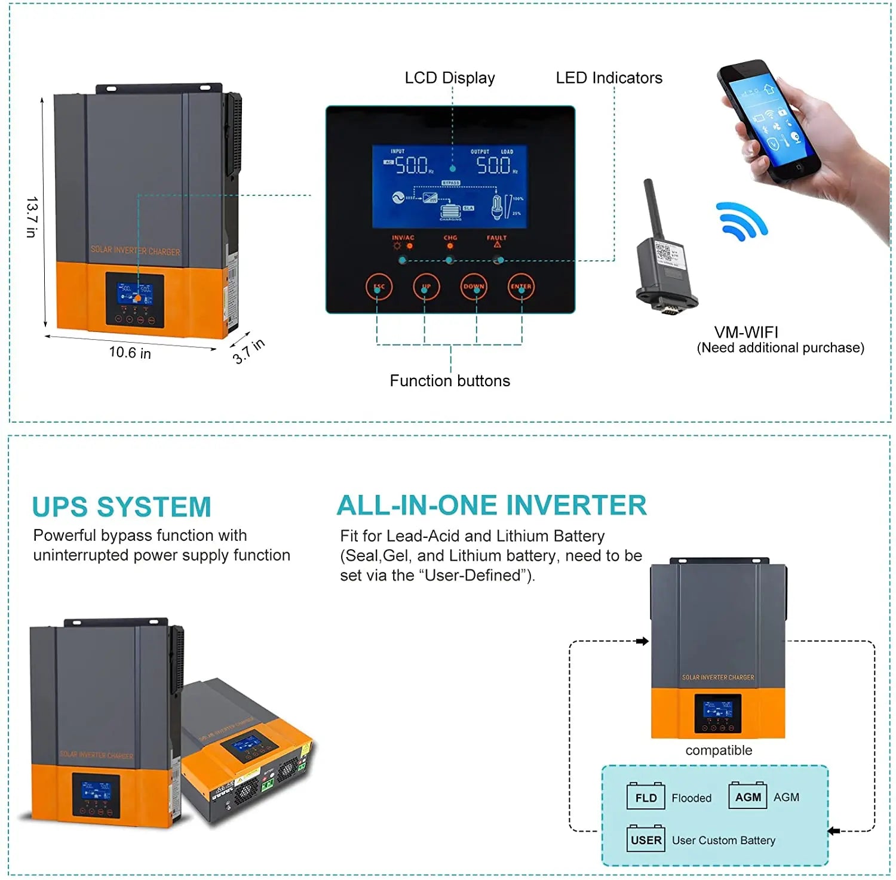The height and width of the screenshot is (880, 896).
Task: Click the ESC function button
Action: pyautogui.click(x=379, y=287)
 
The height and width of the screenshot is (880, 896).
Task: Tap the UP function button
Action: pyautogui.click(x=426, y=287)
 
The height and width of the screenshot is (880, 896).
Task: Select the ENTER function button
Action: pyautogui.click(x=521, y=287)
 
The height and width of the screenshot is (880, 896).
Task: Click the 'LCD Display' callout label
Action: pyautogui.click(x=449, y=78)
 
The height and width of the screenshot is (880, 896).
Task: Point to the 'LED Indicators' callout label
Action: pyautogui.click(x=609, y=78)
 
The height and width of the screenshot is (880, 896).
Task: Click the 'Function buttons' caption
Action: pyautogui.click(x=450, y=381)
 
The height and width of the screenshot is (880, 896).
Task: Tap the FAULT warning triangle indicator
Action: pyautogui.click(x=497, y=245)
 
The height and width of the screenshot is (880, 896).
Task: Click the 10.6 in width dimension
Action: pyautogui.click(x=130, y=353)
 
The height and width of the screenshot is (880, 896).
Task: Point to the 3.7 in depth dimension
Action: pyautogui.click(x=248, y=351)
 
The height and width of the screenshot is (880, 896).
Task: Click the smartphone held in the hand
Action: pyautogui.click(x=768, y=122)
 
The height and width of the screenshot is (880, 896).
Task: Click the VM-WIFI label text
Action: pyautogui.click(x=746, y=333)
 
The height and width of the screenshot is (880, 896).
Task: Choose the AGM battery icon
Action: pyautogui.click(x=747, y=796)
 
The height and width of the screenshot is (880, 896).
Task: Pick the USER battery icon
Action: pyautogui.click(x=645, y=839)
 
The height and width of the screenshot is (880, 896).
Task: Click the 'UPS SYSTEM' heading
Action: pyautogui.click(x=122, y=507)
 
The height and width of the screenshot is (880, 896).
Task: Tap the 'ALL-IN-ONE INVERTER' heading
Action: pyautogui.click(x=492, y=505)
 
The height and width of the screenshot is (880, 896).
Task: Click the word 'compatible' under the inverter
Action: pyautogui.click(x=719, y=750)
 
